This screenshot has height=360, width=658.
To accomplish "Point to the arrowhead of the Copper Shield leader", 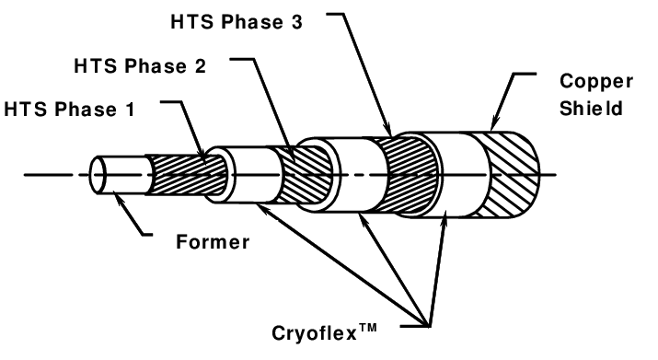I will click(x=491, y=127).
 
